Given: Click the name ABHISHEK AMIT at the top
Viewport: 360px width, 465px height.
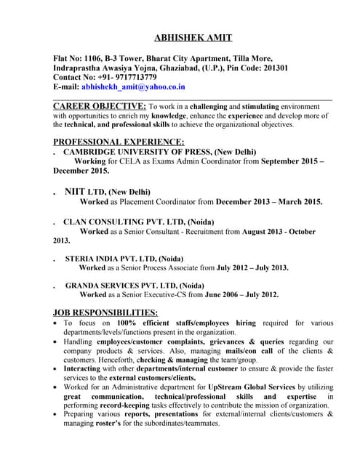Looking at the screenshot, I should (x=193, y=38).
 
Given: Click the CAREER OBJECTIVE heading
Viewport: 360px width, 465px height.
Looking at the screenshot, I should (x=100, y=106).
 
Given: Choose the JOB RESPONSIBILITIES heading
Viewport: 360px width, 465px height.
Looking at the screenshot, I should (x=105, y=312).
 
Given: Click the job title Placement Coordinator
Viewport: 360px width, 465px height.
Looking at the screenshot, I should (x=156, y=202).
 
